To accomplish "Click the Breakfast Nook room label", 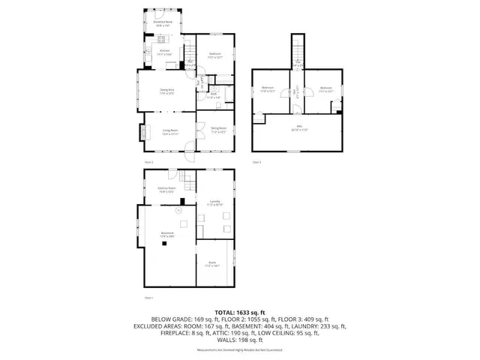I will (x=163, y=23).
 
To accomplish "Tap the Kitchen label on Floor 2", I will (x=164, y=52).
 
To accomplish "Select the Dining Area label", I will (x=166, y=91).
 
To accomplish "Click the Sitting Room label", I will (x=218, y=130).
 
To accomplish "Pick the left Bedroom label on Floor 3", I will (x=268, y=89).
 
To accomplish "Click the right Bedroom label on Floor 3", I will (x=325, y=89).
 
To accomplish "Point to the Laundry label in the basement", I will (x=214, y=202).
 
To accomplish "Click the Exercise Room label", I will (x=166, y=189).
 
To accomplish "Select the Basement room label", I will (x=166, y=235).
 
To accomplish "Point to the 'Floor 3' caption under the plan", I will (x=256, y=162).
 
